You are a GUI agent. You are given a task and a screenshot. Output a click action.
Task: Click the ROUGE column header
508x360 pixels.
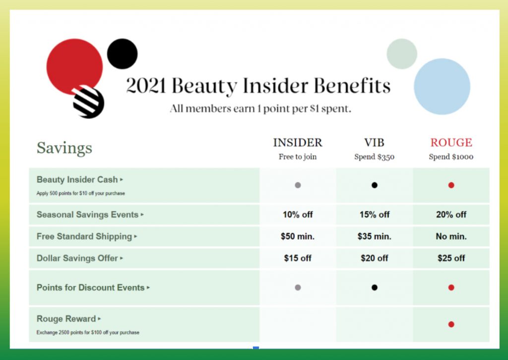451,143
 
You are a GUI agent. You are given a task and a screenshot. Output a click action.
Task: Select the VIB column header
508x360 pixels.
374,143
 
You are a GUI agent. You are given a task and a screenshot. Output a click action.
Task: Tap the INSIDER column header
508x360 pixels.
298,143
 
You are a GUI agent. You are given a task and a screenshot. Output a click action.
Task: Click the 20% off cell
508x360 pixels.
451,215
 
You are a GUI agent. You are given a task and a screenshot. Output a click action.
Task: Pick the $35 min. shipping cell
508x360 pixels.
374,236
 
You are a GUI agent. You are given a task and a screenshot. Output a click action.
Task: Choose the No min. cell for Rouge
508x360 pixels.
451,236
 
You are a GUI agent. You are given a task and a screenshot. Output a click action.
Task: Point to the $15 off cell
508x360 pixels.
298,258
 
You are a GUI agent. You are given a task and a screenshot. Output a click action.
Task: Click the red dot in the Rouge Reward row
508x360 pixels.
451,324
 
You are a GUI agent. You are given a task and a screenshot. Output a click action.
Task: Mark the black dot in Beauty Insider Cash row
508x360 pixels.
374,185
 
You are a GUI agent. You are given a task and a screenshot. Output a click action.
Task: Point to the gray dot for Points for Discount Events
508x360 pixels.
298,288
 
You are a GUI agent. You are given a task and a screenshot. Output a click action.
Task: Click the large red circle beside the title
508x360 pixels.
74,67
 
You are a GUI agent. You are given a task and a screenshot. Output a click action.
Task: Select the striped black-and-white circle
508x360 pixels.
88,102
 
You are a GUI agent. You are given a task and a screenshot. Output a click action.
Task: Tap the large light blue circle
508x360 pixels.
442,86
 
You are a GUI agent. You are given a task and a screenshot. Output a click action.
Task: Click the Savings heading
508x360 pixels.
64,148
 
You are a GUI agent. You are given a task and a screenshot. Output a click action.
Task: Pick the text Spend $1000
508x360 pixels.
451,156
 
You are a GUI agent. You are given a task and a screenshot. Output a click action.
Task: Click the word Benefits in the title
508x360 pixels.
352,85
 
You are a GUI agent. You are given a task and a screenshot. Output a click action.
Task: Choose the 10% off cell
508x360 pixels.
298,215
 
